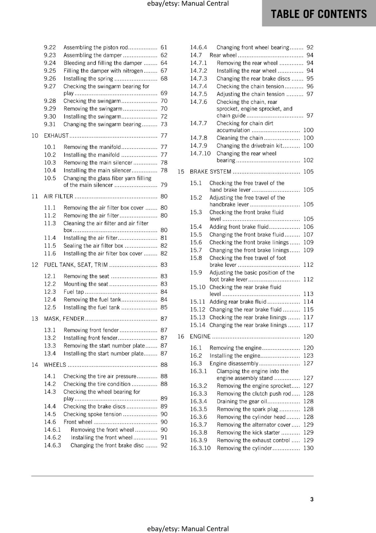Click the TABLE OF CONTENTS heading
click(x=318, y=14)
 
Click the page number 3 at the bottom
click(x=312, y=499)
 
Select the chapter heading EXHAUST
click(x=56, y=136)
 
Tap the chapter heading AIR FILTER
click(x=59, y=196)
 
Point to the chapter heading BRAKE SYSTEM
click(x=210, y=172)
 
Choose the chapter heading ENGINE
click(x=200, y=336)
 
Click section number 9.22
click(x=50, y=47)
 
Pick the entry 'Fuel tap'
click(x=74, y=292)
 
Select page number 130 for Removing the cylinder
click(x=308, y=448)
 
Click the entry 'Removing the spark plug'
click(x=247, y=409)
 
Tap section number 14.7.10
click(x=200, y=154)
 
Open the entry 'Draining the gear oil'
click(x=242, y=401)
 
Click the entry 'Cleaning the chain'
click(x=240, y=138)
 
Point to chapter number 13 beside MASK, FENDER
click(x=35, y=319)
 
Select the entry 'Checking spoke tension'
click(x=93, y=414)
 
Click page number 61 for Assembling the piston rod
click(x=164, y=47)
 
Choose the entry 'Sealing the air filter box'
click(x=93, y=246)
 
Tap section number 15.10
click(x=198, y=287)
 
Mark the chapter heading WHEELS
click(x=55, y=365)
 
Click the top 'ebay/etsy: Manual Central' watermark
click(x=188, y=4)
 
